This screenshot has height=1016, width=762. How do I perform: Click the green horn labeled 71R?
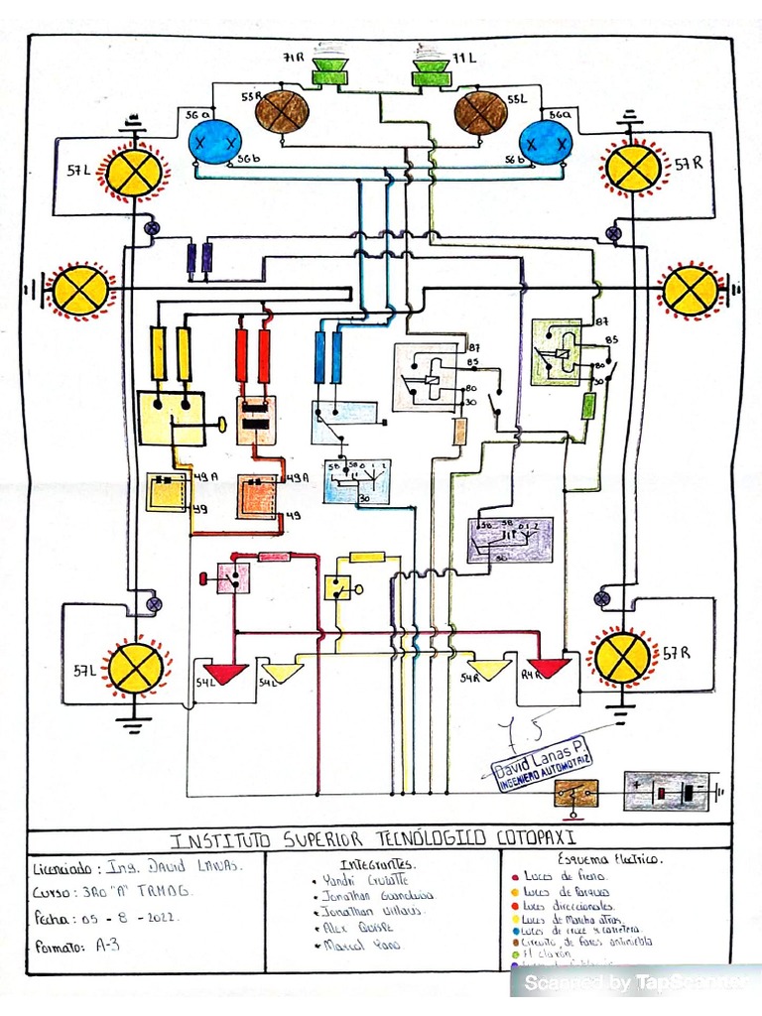[x=326, y=71]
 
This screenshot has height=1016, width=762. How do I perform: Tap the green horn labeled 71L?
[x=431, y=71]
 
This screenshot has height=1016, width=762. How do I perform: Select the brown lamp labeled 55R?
[x=283, y=111]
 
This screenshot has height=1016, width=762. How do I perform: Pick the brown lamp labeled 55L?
[x=481, y=112]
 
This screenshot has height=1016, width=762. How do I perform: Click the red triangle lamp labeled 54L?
[x=225, y=673]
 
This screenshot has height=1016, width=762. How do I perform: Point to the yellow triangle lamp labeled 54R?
[x=487, y=669]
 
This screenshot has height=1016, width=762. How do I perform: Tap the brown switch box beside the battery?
[x=575, y=793]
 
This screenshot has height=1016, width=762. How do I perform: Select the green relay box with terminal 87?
[x=558, y=351]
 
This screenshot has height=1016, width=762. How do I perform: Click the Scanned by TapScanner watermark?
[x=635, y=982]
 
